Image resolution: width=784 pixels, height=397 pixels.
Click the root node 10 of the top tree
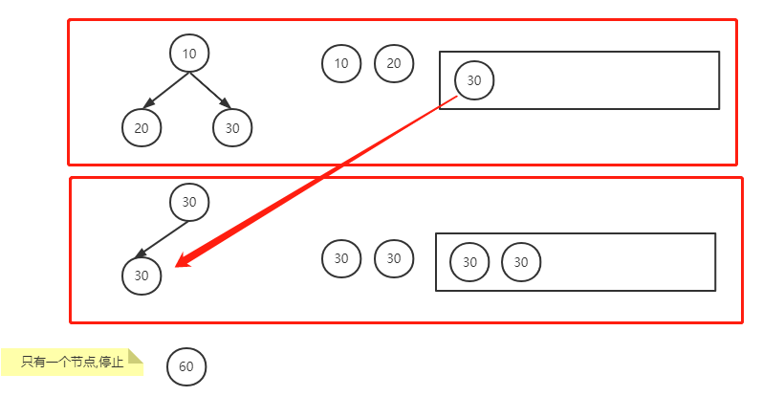pyautogui.click(x=189, y=54)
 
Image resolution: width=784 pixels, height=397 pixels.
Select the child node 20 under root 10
pyautogui.click(x=142, y=127)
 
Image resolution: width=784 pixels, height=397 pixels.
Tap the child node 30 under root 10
pyautogui.click(x=232, y=127)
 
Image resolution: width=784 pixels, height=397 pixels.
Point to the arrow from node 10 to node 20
pyautogui.click(x=164, y=90)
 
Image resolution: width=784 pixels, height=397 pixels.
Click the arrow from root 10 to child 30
pyautogui.click(x=210, y=90)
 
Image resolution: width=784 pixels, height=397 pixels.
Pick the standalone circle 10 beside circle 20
pyautogui.click(x=341, y=64)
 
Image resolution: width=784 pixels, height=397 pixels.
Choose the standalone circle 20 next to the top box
pyautogui.click(x=394, y=64)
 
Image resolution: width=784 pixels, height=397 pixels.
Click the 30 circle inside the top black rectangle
pyautogui.click(x=474, y=80)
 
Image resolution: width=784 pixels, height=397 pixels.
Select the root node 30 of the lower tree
pyautogui.click(x=189, y=202)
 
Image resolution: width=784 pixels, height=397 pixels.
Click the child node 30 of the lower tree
pyautogui.click(x=142, y=276)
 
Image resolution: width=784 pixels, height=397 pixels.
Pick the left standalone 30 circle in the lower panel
pyautogui.click(x=341, y=257)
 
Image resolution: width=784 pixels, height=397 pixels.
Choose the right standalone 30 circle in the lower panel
pyautogui.click(x=394, y=257)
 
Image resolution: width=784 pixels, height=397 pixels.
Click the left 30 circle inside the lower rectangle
pyautogui.click(x=469, y=262)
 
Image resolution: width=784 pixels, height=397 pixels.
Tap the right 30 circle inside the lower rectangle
pyautogui.click(x=521, y=262)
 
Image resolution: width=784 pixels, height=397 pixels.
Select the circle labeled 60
pyautogui.click(x=186, y=366)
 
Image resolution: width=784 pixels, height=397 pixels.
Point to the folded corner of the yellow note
pyautogui.click(x=136, y=355)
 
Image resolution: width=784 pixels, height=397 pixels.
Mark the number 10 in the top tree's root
pyautogui.click(x=189, y=54)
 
